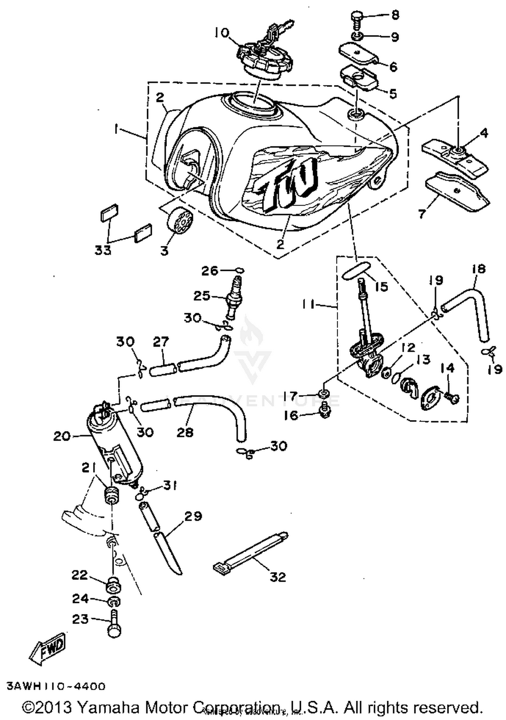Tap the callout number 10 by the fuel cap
[x=222, y=33]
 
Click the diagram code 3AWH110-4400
[x=56, y=686]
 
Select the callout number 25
[x=202, y=296]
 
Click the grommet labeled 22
[x=113, y=586]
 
